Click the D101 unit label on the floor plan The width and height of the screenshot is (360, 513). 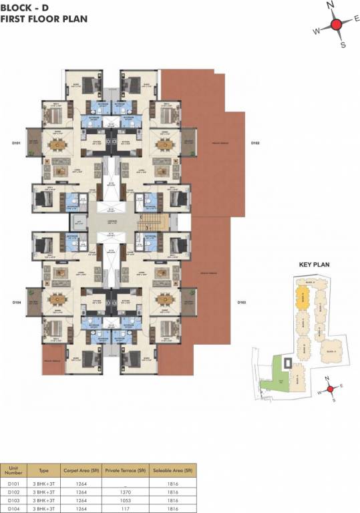click(x=17, y=143)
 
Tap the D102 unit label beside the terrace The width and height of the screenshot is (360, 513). click(x=254, y=143)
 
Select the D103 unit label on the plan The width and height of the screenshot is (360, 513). click(x=242, y=303)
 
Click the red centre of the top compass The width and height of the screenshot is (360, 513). click(x=337, y=25)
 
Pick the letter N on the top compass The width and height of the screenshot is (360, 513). click(x=329, y=5)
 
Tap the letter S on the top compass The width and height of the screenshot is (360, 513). click(x=343, y=45)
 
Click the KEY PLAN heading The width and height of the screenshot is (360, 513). click(x=314, y=265)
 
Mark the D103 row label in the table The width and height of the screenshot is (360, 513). click(x=13, y=500)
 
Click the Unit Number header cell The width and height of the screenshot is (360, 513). click(x=13, y=470)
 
